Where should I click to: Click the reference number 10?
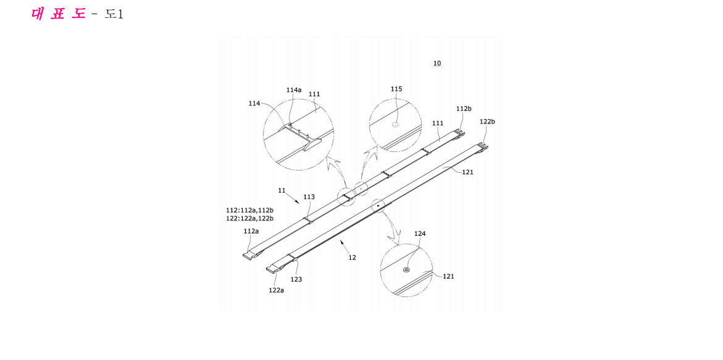tap(437, 63)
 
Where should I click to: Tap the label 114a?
tap(294, 90)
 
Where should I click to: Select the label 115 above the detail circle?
tap(396, 89)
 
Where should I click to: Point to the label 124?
tap(420, 233)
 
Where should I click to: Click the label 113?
tap(309, 197)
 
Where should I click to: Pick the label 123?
tap(296, 279)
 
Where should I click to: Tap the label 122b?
tap(487, 122)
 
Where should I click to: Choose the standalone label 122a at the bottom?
tap(276, 290)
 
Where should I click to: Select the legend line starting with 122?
tap(249, 218)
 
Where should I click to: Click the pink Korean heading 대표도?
tap(59, 14)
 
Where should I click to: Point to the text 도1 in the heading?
tap(114, 14)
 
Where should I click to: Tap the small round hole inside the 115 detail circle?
tap(395, 125)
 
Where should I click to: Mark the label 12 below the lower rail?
tap(353, 257)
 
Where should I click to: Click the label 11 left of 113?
tap(282, 190)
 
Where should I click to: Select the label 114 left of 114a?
tap(254, 103)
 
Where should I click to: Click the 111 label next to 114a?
tap(314, 94)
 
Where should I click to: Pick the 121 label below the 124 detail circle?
tap(448, 276)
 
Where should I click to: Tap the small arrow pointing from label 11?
tap(292, 198)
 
